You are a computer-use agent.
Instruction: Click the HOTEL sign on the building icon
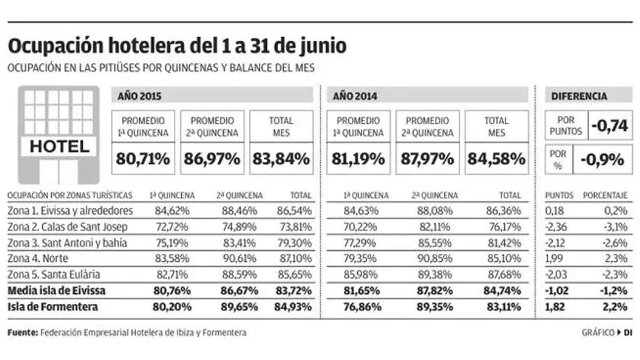[x=59, y=147]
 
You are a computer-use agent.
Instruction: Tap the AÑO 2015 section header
[x=140, y=96]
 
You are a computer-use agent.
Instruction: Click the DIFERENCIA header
[x=580, y=96]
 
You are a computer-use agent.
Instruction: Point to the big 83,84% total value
[x=281, y=156]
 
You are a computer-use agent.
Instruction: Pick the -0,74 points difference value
[x=609, y=125]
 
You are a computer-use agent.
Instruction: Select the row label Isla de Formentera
[x=53, y=306]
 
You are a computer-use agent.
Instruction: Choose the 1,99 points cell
[x=554, y=258]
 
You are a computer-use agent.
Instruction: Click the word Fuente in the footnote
[x=22, y=333]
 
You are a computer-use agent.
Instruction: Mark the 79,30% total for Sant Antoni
[x=295, y=242]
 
